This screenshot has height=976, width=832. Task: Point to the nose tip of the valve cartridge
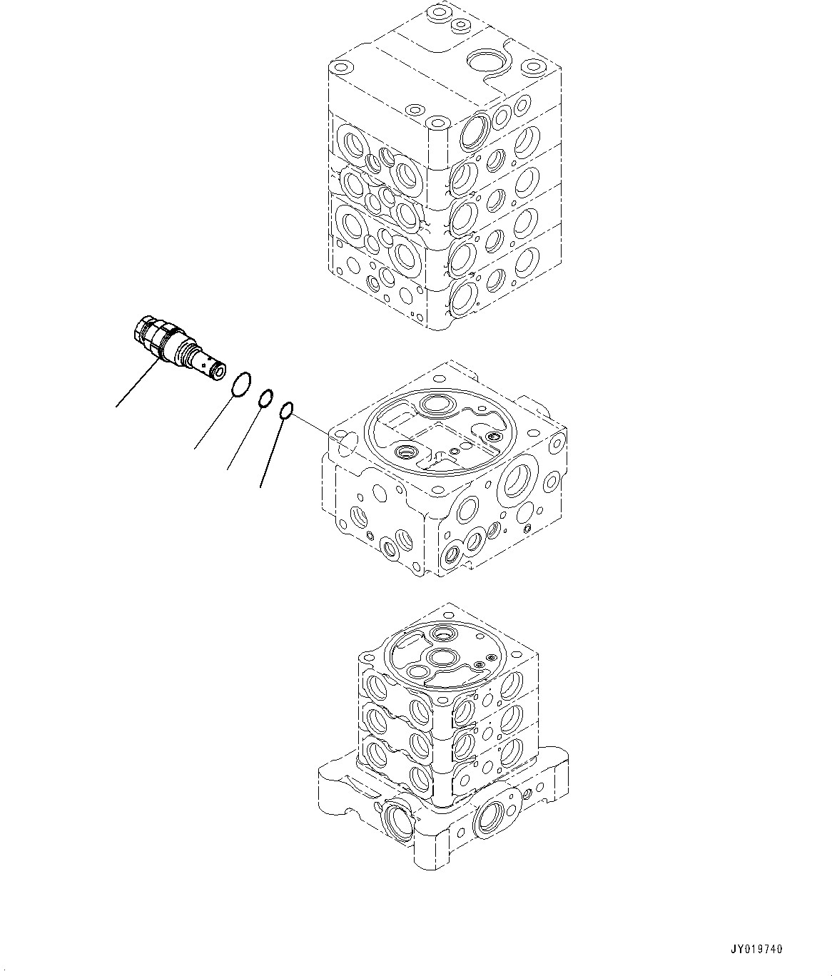pos(217,373)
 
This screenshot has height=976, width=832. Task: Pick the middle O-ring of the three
pos(265,398)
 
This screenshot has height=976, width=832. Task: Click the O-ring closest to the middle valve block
pos(286,410)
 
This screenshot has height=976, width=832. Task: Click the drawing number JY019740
pos(756,949)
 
